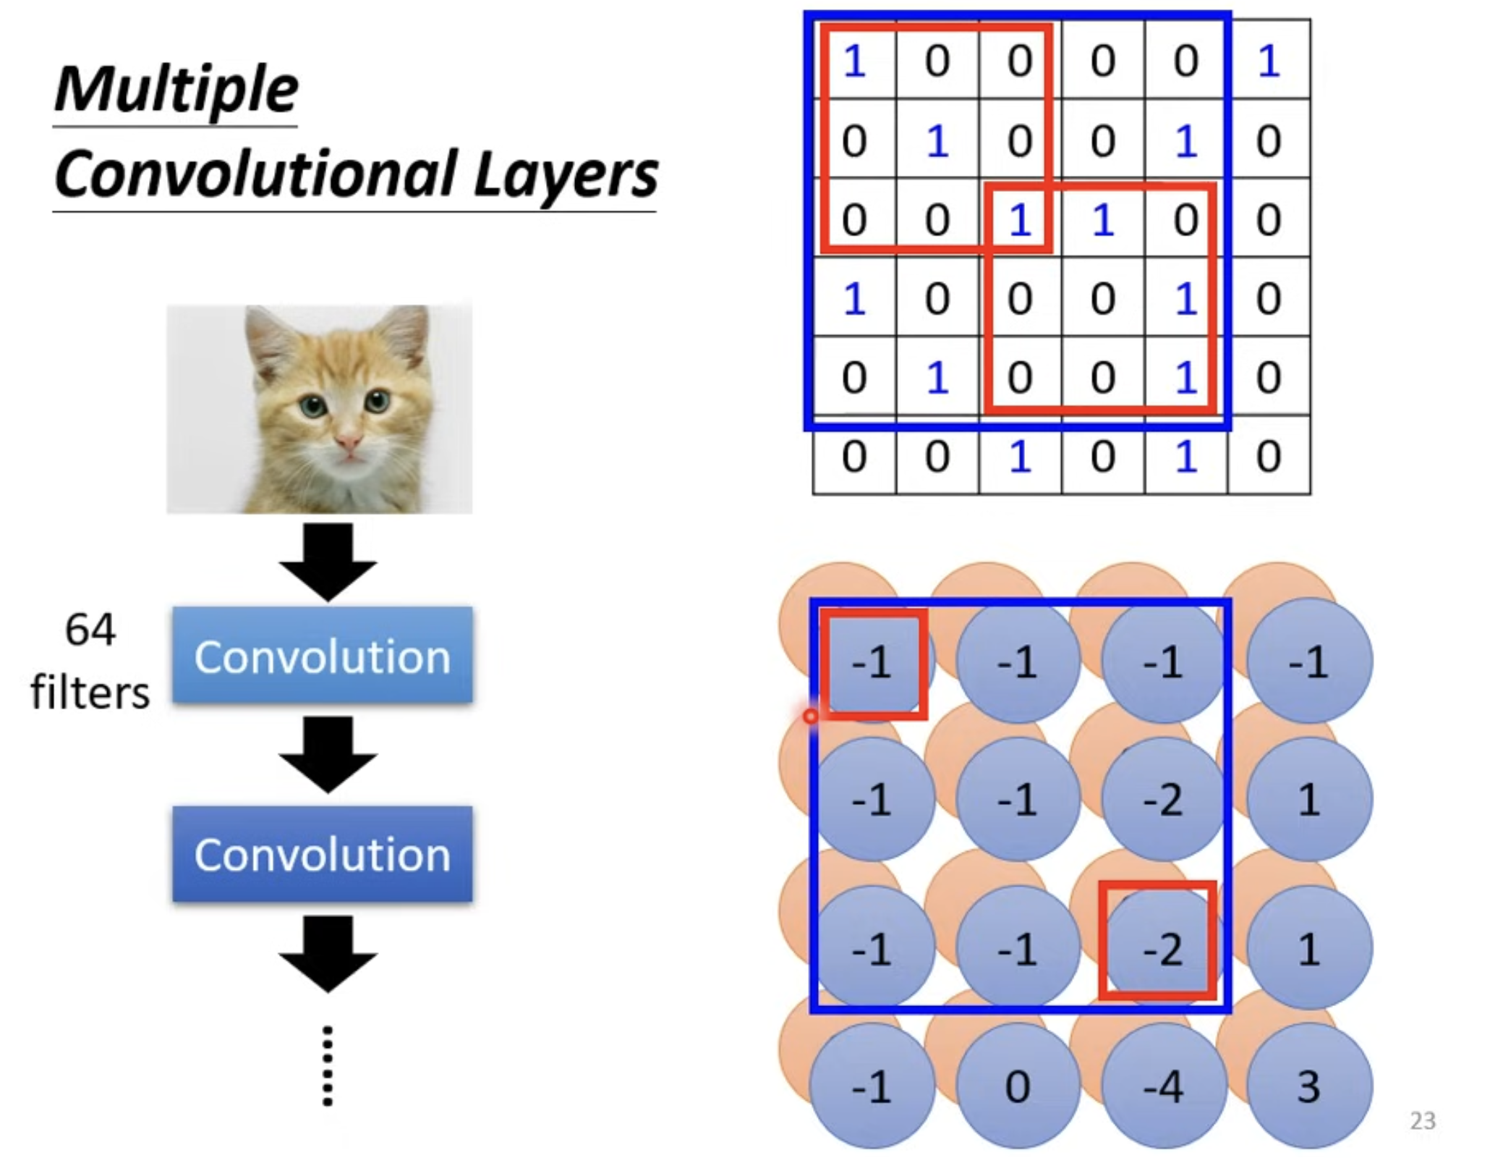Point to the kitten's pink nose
tap(349, 441)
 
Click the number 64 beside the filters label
tap(90, 629)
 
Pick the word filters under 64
tap(90, 692)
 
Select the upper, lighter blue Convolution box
tap(323, 655)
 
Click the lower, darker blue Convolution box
tap(323, 854)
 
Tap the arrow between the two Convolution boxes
tap(328, 754)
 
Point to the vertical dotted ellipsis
tap(328, 1065)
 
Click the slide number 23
tap(1422, 1120)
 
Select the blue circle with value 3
tap(1309, 1086)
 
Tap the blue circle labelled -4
tap(1163, 1086)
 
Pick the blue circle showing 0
tap(1017, 1086)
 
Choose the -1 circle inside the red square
tap(872, 662)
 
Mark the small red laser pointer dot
tap(811, 716)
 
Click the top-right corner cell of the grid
tap(1269, 59)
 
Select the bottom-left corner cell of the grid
tap(854, 455)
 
